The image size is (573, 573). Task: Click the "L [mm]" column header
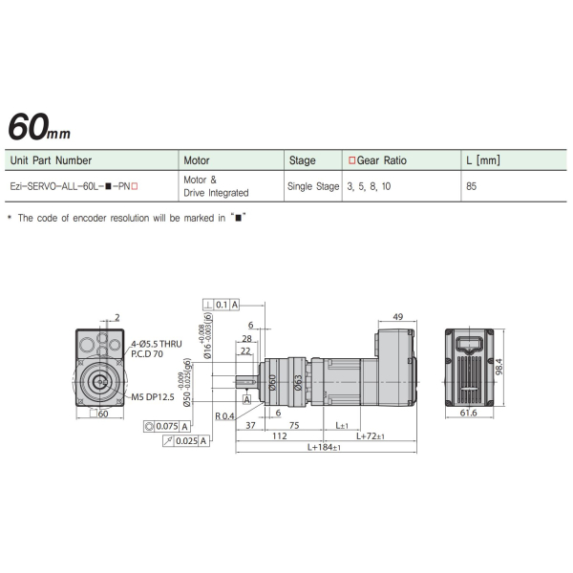[x=482, y=160]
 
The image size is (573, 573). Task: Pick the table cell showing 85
[x=471, y=187]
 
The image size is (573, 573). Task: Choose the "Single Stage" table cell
[x=313, y=187]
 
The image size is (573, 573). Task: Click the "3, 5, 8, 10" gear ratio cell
[x=370, y=187]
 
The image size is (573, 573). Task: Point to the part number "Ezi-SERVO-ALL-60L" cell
[x=74, y=187]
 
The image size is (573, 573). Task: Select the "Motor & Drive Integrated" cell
[x=215, y=186]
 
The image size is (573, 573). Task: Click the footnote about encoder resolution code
[x=127, y=219]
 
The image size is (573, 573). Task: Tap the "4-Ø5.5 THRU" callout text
[x=156, y=343]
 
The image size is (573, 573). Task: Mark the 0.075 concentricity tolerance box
[x=166, y=426]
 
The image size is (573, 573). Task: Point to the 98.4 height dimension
[x=498, y=367]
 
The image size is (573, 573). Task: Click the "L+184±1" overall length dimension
[x=326, y=448]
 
